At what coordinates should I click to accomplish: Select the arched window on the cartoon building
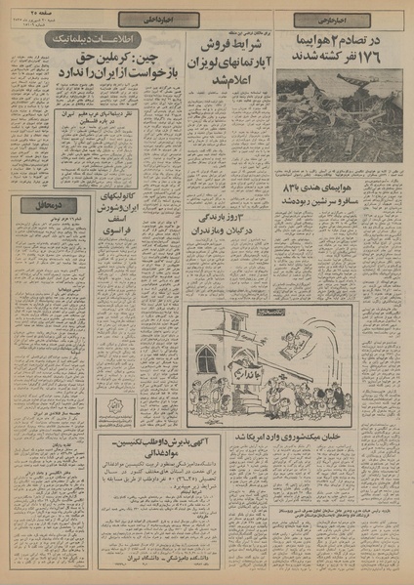coord(206,358)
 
